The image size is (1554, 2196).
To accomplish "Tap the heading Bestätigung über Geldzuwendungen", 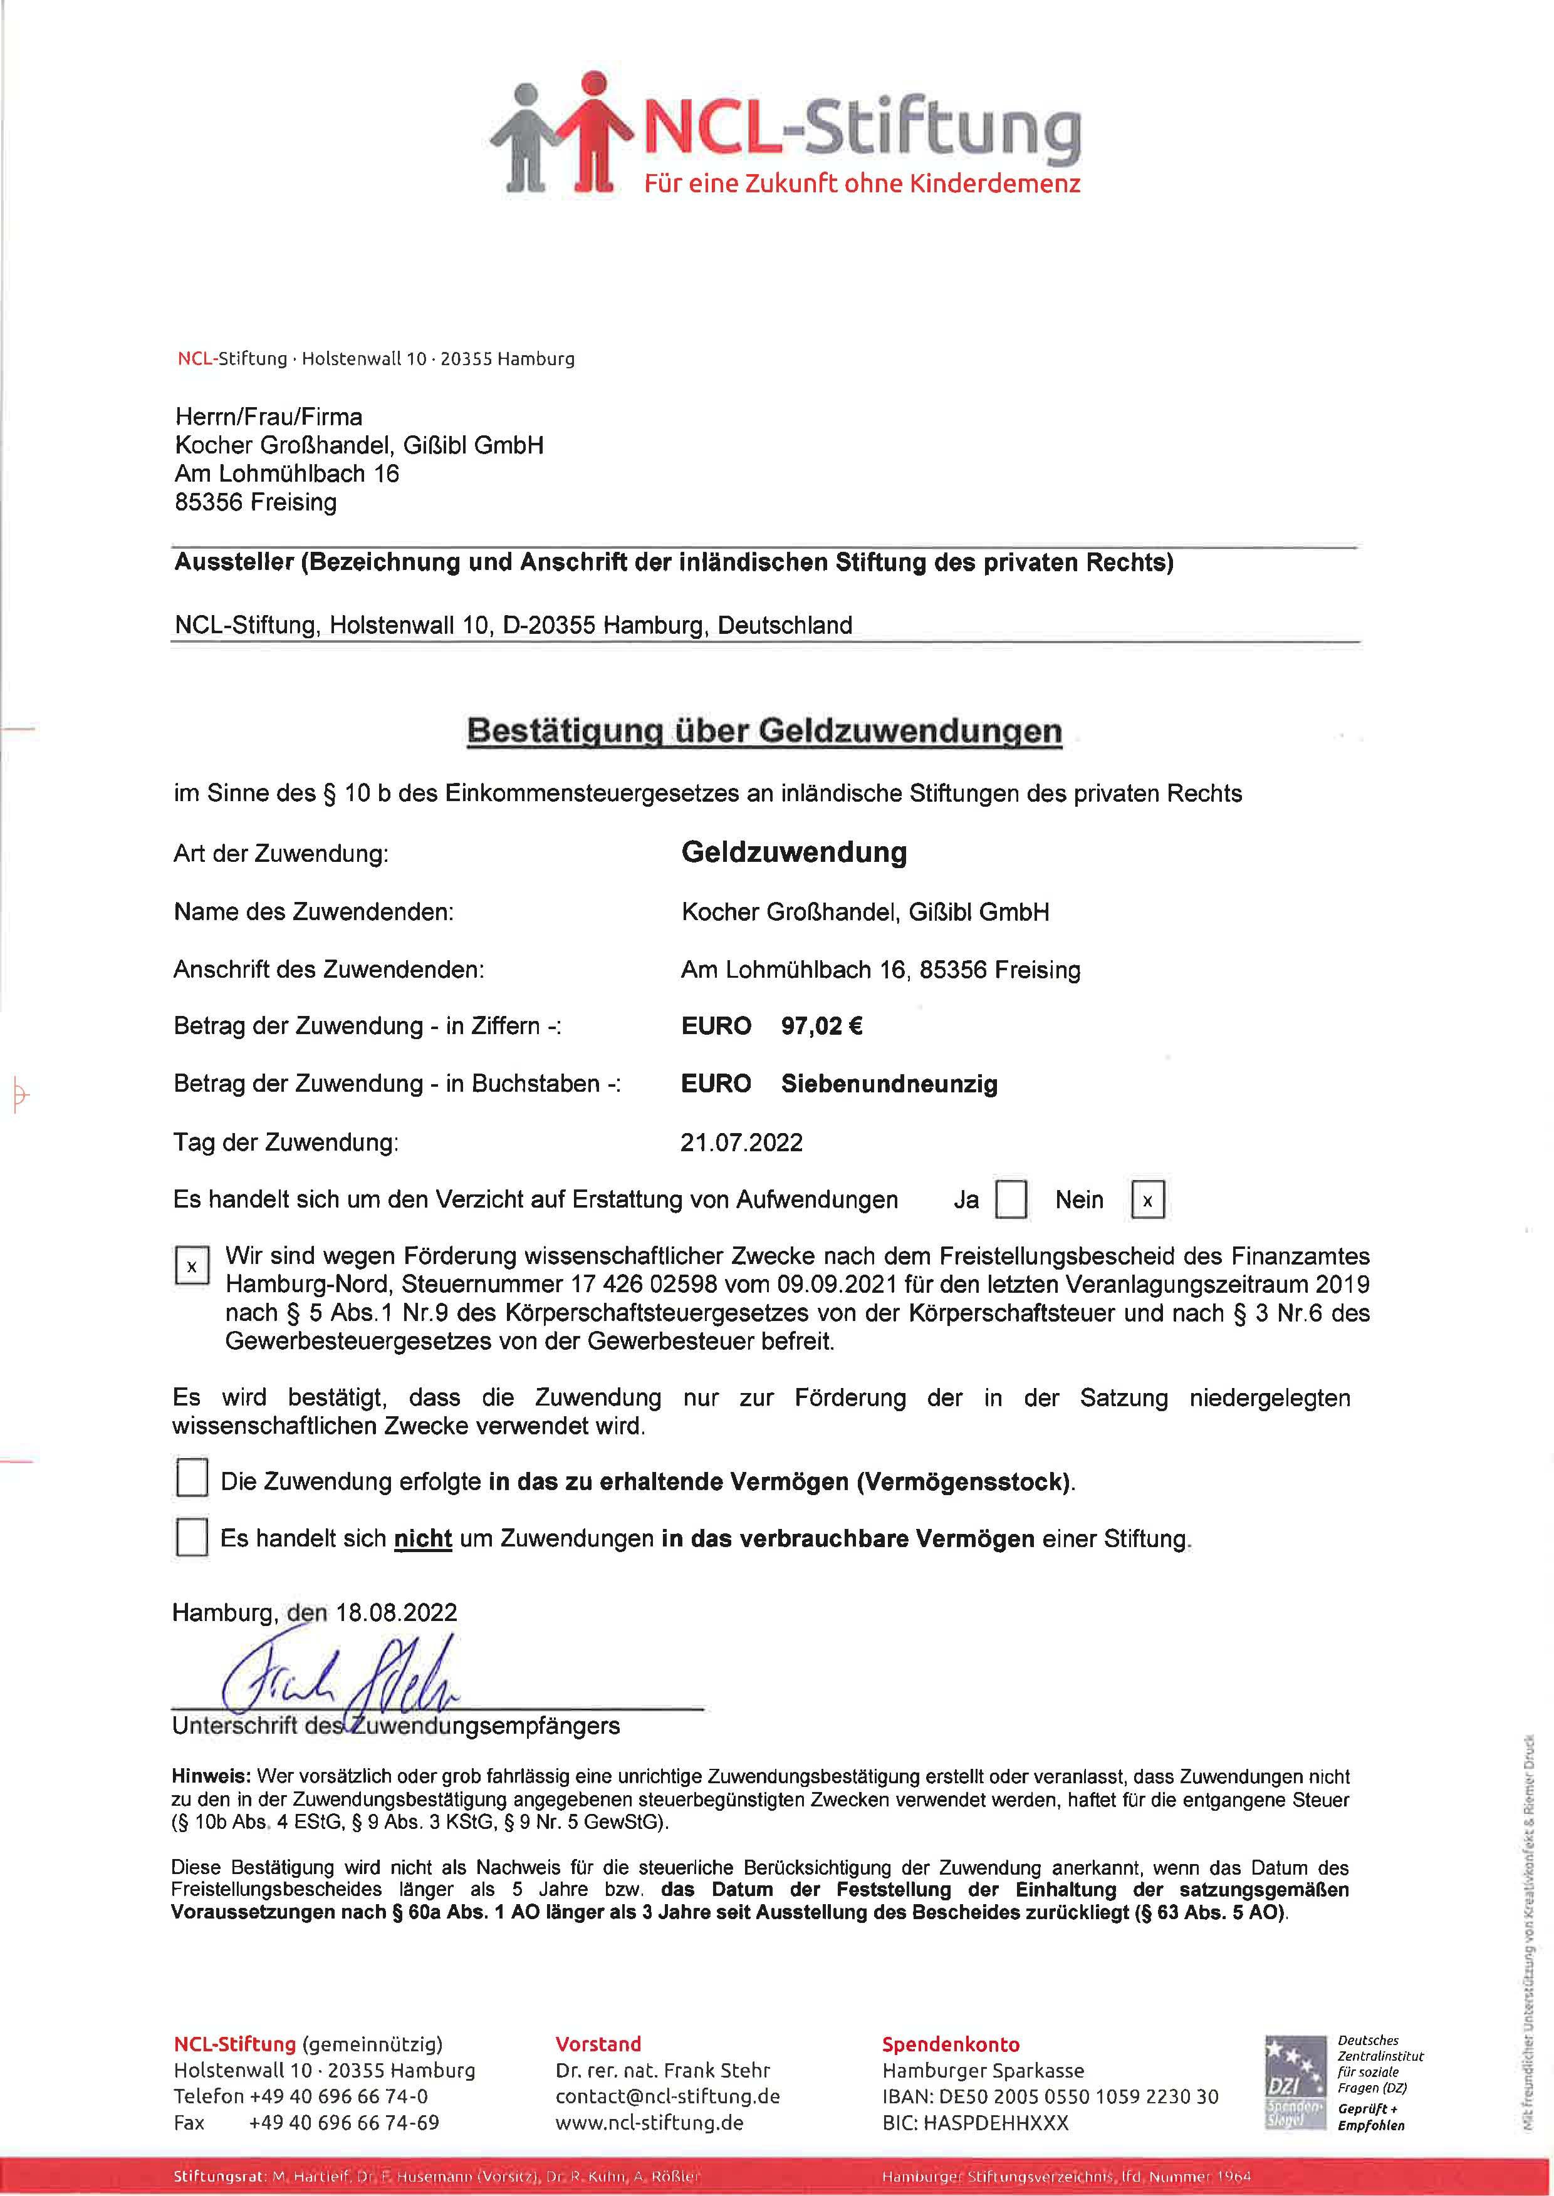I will click(764, 731).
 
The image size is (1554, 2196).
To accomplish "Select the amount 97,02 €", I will click(821, 1026).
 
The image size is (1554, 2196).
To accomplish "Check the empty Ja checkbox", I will click(1011, 1199).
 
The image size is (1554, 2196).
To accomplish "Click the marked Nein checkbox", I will click(1147, 1199).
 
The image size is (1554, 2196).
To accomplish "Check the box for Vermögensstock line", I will click(192, 1481).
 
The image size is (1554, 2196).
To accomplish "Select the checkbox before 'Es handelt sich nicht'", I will click(192, 1538).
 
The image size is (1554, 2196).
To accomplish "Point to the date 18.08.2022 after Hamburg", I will click(396, 1613).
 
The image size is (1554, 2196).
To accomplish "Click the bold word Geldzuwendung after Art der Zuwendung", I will click(793, 852).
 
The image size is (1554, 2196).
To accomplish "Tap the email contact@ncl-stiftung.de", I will click(667, 2096).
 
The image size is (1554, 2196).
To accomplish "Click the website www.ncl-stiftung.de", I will click(649, 2122).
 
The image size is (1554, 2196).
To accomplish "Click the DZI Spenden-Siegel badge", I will click(1294, 2082).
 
